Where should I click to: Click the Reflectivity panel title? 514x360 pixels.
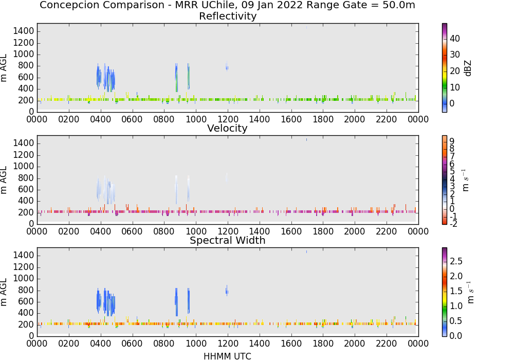(x=228, y=16)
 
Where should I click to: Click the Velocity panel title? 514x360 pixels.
(x=227, y=128)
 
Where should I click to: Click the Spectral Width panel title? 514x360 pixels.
(x=228, y=240)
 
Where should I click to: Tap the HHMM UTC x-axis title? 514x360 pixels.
(x=227, y=356)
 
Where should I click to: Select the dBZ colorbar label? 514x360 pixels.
(x=468, y=68)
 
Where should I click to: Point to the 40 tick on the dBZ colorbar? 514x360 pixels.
(x=455, y=39)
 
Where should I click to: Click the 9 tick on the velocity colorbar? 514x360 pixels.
(x=452, y=141)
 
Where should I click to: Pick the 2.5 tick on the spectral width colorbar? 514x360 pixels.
(x=456, y=261)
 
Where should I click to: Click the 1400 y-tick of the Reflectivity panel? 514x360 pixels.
(x=23, y=31)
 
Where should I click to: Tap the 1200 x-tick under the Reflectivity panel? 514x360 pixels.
(x=228, y=119)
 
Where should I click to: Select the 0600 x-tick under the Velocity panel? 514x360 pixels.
(x=132, y=231)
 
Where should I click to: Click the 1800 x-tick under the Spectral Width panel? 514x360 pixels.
(x=323, y=344)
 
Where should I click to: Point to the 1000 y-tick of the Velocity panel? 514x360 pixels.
(x=23, y=166)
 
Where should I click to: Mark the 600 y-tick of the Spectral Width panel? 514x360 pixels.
(x=26, y=302)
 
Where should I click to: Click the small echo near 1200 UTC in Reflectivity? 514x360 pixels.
(x=227, y=66)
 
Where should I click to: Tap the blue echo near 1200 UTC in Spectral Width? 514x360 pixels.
(x=227, y=291)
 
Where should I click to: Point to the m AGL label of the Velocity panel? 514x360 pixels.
(x=4, y=179)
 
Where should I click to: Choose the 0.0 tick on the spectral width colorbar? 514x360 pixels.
(x=456, y=336)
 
